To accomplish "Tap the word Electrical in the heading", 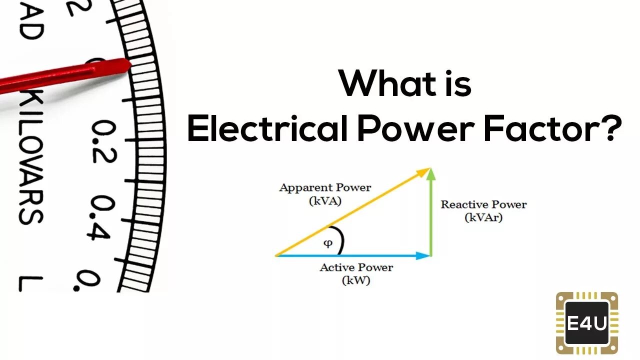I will (267, 129).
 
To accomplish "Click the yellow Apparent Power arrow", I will (352, 212).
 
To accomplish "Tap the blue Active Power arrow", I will (352, 255).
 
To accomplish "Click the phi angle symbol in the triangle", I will (327, 243).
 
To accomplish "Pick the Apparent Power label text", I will (325, 188).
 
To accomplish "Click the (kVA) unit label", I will (325, 201).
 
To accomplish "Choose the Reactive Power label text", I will (483, 204).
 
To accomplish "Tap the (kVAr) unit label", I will (483, 217).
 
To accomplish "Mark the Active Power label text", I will (356, 267).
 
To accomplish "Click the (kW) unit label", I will (356, 280).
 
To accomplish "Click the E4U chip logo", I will (587, 323).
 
